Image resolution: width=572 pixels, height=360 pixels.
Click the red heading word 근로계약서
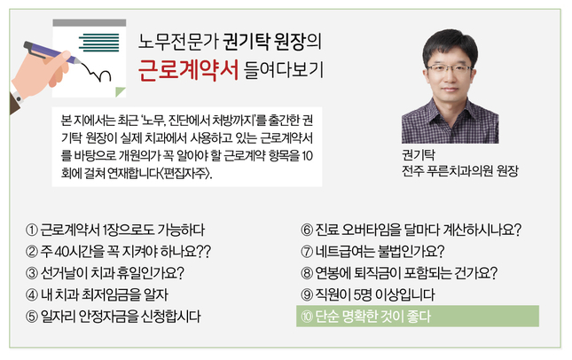188,70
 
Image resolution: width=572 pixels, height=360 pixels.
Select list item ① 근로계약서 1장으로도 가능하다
115,230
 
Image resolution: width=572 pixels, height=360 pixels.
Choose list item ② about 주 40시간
118,251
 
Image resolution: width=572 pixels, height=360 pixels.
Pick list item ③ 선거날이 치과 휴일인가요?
105,273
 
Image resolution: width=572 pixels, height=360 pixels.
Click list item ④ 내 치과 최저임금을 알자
97,294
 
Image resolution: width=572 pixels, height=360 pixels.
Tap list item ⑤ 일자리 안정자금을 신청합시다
114,316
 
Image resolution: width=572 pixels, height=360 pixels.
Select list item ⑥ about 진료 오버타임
411,230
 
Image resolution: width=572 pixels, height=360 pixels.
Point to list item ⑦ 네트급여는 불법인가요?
372,251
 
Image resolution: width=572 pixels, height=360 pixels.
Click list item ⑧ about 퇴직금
399,273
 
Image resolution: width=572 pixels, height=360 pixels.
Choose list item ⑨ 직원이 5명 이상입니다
368,294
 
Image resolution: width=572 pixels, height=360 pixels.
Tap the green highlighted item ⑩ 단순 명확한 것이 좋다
418,316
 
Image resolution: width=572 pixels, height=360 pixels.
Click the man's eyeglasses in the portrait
450,69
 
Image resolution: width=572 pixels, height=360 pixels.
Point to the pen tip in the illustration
79,63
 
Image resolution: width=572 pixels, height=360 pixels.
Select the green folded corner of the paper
120,92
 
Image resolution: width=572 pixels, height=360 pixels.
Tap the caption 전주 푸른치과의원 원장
459,171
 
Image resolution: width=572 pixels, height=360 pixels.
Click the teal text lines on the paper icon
98,43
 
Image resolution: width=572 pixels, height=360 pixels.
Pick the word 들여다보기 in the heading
284,69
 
